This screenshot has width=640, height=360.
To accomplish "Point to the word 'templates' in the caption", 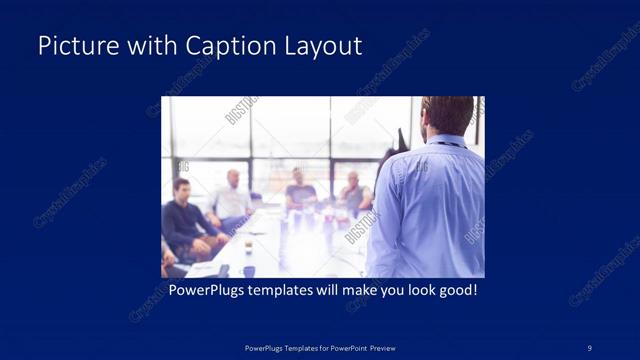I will click(x=281, y=291).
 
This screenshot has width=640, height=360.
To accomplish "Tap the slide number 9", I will click(x=589, y=348).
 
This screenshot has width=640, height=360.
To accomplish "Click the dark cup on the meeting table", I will click(x=248, y=270).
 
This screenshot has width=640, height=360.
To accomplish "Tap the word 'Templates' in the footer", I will click(x=286, y=348).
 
